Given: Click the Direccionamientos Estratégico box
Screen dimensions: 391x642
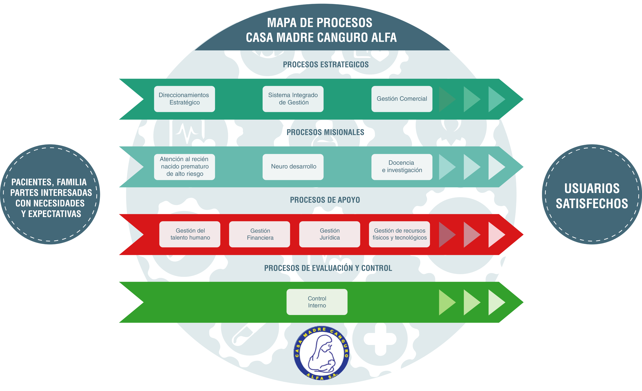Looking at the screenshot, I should tap(184, 99).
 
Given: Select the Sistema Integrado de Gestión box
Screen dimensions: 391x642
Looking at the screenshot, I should tap(293, 99).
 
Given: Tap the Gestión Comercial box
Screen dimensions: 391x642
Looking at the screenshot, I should tap(402, 99).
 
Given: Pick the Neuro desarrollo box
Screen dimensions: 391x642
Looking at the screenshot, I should tap(293, 167).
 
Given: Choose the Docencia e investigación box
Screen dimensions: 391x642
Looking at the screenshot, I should tap(402, 167).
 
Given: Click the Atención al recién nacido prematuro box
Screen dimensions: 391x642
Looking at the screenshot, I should tap(184, 167).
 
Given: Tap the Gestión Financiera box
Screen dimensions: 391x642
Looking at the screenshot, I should tap(260, 234).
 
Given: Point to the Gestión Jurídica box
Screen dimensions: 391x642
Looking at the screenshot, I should tap(330, 234).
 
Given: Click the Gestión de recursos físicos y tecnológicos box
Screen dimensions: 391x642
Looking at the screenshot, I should tap(399, 234).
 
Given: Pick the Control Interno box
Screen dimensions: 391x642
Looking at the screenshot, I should tap(317, 302).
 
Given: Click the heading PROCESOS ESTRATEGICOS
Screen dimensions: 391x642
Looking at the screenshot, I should tap(326, 65).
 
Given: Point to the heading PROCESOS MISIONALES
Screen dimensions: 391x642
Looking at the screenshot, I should tap(325, 132).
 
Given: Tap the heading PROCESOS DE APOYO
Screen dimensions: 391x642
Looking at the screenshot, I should tap(325, 200).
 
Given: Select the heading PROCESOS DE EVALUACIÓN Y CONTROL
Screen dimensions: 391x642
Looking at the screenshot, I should tap(328, 268).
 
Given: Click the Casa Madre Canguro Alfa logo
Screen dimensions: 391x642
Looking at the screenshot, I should tap(321, 353).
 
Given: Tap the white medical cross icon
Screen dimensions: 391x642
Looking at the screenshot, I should tap(380, 339).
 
